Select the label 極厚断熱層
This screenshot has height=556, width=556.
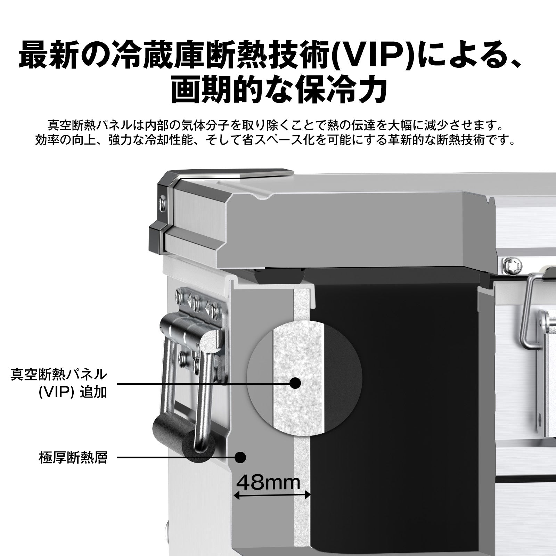[x=73, y=458]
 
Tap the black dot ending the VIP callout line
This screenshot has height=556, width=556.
[x=295, y=383]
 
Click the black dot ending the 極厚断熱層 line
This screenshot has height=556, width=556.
[x=240, y=457]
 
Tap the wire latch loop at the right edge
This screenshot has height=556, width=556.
[x=530, y=313]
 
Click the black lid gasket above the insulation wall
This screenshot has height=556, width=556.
[x=278, y=278]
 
